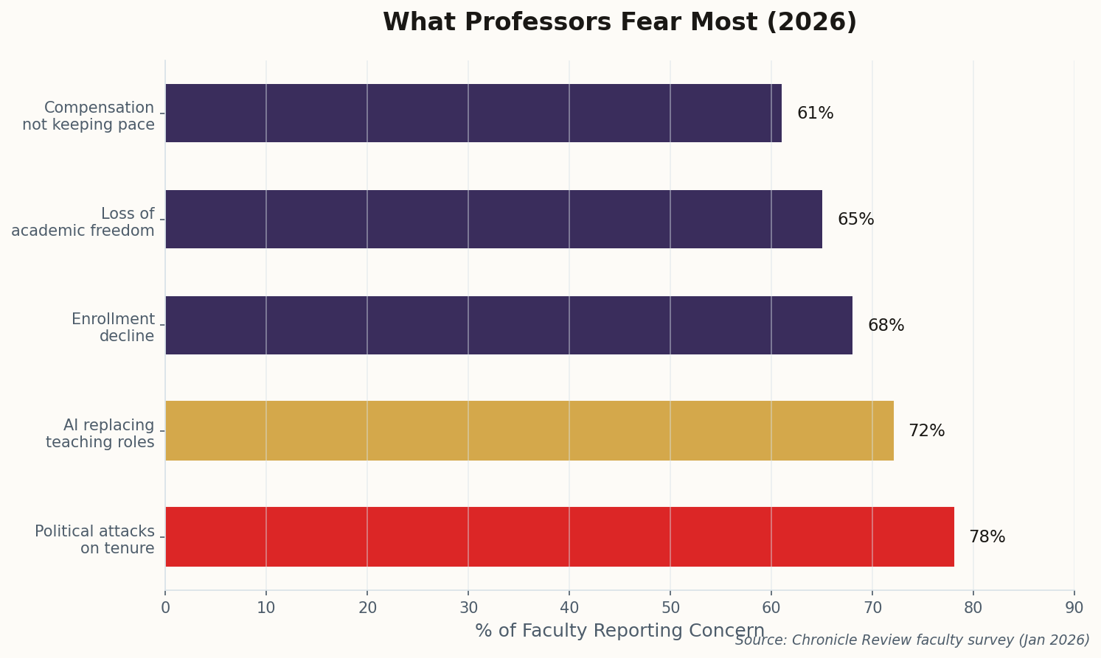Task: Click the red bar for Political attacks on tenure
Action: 559,536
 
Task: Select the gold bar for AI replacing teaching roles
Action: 529,430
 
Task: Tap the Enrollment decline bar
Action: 508,325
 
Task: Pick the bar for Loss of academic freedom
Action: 493,219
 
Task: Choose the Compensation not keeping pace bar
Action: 473,113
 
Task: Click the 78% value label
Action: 987,537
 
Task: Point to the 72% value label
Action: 926,431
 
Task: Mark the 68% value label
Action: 886,326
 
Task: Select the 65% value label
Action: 855,220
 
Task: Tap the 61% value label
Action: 815,113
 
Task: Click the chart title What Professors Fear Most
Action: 619,22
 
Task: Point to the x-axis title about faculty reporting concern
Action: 619,631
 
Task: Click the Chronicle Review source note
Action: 912,640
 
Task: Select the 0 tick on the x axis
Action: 165,608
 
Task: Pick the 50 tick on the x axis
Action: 670,608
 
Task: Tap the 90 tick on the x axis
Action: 1074,608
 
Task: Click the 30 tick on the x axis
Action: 468,608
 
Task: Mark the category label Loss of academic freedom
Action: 83,222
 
